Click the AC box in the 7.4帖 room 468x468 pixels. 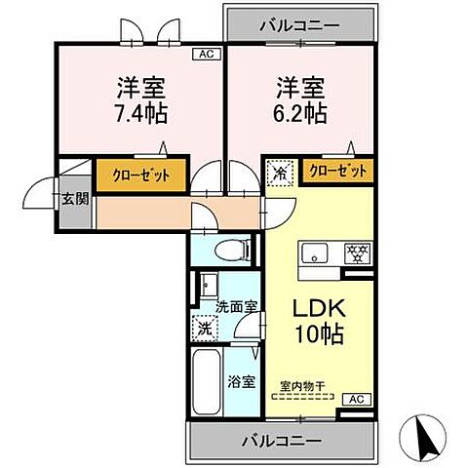[207, 56]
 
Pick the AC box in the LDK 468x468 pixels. [357, 399]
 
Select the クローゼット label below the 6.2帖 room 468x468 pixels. [338, 171]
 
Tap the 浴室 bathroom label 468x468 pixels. [243, 381]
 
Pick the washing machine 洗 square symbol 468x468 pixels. [205, 330]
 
